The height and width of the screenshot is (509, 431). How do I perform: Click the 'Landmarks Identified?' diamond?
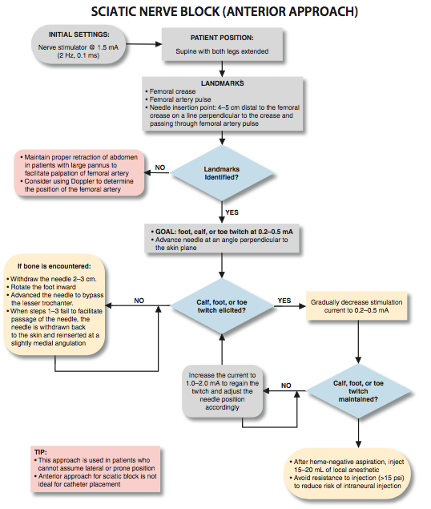222,173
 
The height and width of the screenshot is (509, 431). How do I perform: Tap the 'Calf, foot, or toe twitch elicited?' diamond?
222,306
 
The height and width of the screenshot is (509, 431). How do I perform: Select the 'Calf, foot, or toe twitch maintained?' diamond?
358,391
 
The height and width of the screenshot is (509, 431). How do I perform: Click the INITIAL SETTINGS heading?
79,34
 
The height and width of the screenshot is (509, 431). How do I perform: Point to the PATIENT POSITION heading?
222,38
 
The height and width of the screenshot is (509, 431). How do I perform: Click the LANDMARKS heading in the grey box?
223,83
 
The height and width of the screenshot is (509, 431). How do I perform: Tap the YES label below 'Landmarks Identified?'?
232,212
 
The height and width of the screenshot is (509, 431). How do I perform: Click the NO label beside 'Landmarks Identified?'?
160,168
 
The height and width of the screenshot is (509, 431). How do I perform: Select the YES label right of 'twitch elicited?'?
284,301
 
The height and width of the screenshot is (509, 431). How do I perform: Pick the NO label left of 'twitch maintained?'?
286,386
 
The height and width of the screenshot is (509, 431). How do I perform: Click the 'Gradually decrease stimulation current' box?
356,306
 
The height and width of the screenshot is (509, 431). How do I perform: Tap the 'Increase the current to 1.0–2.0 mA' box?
223,391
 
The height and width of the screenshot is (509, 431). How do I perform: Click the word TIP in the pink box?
41,452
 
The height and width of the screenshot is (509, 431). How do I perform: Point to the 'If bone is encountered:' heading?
54,266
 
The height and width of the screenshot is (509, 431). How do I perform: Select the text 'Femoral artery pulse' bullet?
180,99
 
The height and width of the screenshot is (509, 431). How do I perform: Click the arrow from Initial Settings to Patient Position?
143,44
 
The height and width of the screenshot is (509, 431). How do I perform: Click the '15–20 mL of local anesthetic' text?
336,470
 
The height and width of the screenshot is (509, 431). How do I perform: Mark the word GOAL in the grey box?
165,232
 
